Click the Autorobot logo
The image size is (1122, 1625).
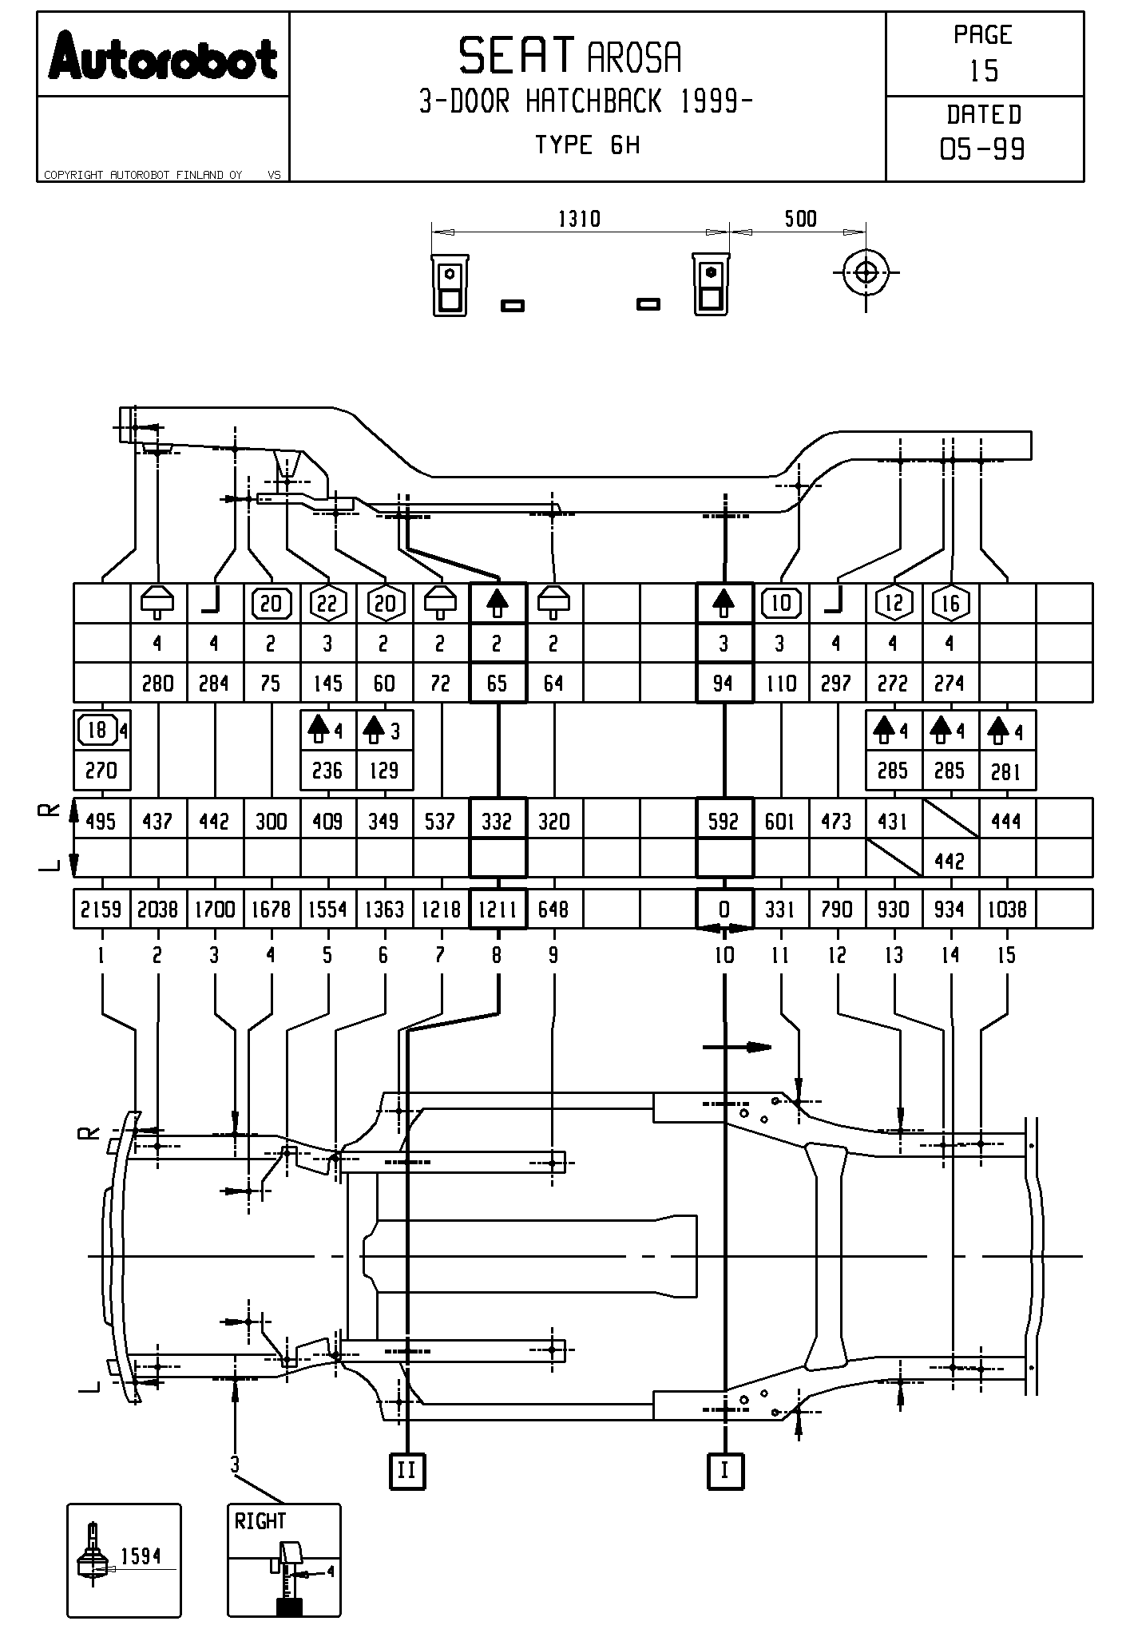tap(163, 56)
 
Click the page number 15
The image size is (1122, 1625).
tap(984, 71)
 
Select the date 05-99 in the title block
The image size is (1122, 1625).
tap(983, 149)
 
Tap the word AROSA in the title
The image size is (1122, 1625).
tap(635, 57)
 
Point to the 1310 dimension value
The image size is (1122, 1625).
tap(579, 218)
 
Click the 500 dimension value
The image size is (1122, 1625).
tap(800, 218)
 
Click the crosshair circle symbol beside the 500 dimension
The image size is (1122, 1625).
tap(866, 272)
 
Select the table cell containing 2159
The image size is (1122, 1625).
tap(101, 910)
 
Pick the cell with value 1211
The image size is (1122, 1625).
tap(498, 910)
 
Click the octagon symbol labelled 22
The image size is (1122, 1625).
tap(327, 603)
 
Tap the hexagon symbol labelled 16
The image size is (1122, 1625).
tap(950, 603)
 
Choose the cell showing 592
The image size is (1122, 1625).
tap(724, 821)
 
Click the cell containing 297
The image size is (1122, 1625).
tap(836, 684)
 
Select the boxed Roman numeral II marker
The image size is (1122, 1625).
tap(406, 1469)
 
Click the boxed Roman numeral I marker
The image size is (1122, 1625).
tap(724, 1469)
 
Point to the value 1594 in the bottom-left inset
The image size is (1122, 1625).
tap(141, 1556)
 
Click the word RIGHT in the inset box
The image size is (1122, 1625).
tap(260, 1522)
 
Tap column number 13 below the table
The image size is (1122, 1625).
tap(894, 955)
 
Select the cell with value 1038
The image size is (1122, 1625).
tap(1007, 910)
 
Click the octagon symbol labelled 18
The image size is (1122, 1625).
tap(97, 730)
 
